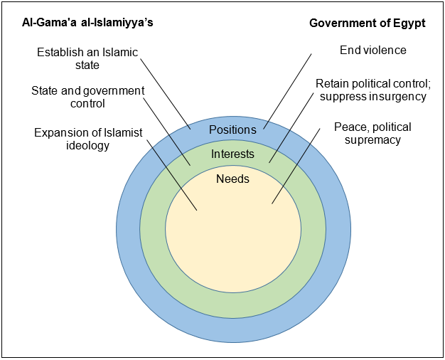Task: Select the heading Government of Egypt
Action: [x=367, y=23]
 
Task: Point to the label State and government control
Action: [x=87, y=97]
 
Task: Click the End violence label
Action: [x=373, y=50]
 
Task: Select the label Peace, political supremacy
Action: [x=372, y=133]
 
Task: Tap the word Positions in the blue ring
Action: [x=232, y=129]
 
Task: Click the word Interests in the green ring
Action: [x=232, y=154]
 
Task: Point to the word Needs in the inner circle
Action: [x=232, y=179]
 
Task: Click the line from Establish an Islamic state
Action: [x=166, y=92]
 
